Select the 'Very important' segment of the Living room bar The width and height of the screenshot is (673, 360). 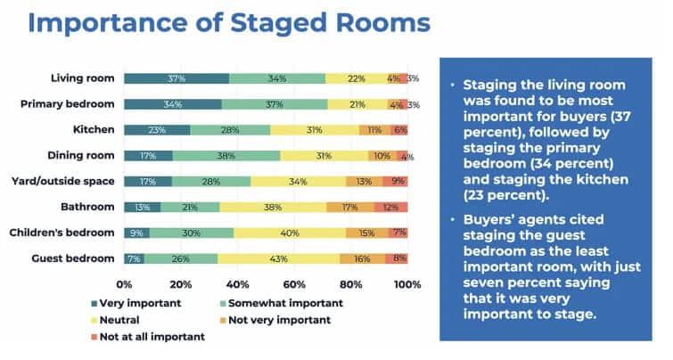click(x=176, y=78)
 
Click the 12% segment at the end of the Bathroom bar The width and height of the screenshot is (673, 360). click(x=390, y=208)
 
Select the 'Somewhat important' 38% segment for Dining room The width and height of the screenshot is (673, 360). click(x=226, y=156)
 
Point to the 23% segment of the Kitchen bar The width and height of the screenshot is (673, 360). click(x=157, y=130)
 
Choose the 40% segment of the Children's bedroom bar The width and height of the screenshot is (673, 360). click(x=290, y=233)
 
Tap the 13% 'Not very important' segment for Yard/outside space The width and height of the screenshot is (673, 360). click(x=364, y=182)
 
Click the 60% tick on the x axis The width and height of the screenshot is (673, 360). click(x=294, y=285)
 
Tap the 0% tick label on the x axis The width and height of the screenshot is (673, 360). click(x=124, y=285)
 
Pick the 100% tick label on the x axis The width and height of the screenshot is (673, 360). click(x=406, y=285)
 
